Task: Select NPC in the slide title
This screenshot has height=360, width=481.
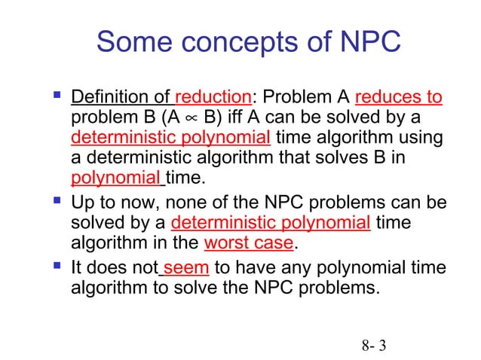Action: point(365,42)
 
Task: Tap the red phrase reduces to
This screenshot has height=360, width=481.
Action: point(398,98)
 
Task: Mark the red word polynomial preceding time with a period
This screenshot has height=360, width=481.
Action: point(115,179)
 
